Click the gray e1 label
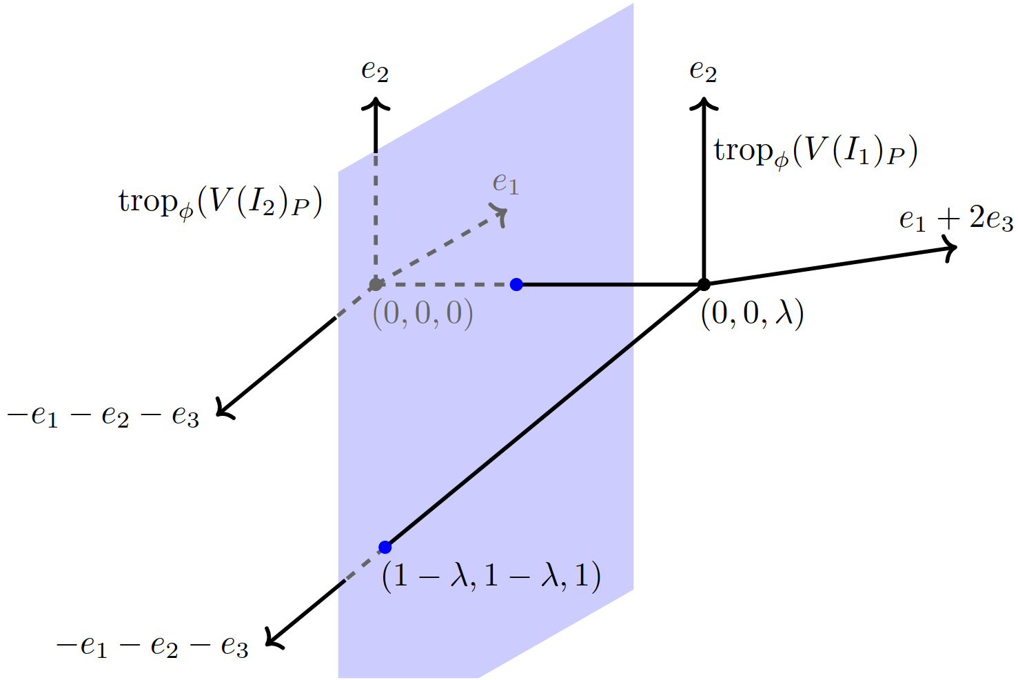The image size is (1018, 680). pyautogui.click(x=505, y=183)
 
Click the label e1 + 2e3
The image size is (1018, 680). pyautogui.click(x=956, y=219)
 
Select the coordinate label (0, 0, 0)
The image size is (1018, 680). pyautogui.click(x=423, y=314)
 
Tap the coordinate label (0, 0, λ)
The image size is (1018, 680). pyautogui.click(x=752, y=314)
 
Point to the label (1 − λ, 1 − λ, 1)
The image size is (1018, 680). pyautogui.click(x=491, y=575)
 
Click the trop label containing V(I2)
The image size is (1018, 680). pyautogui.click(x=221, y=203)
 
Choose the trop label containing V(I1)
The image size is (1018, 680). pyautogui.click(x=815, y=152)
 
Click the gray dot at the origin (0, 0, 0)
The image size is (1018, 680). pyautogui.click(x=376, y=284)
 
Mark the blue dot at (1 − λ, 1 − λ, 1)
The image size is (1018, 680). pyautogui.click(x=385, y=547)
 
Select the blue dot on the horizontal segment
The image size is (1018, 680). pyautogui.click(x=516, y=284)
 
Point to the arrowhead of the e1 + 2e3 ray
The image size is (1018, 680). pyautogui.click(x=952, y=249)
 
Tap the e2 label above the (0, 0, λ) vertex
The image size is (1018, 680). pyautogui.click(x=703, y=70)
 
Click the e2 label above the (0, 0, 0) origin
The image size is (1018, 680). pyautogui.click(x=375, y=70)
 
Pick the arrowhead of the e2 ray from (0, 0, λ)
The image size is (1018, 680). pyautogui.click(x=704, y=103)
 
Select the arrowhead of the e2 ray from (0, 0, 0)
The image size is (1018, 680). pyautogui.click(x=376, y=103)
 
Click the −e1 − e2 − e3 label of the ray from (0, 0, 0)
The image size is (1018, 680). pyautogui.click(x=103, y=416)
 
